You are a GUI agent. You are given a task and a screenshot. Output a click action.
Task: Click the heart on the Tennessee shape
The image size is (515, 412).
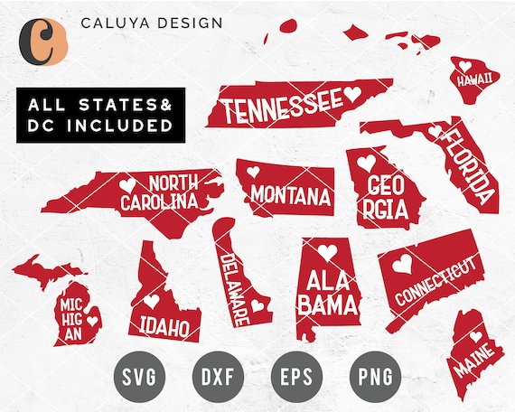(x=352, y=93)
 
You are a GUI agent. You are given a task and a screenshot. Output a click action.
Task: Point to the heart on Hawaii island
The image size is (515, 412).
(x=463, y=66)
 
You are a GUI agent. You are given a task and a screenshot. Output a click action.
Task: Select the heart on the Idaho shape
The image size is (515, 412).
(x=154, y=301)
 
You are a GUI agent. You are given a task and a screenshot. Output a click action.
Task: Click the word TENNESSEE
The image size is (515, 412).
(x=281, y=107)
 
